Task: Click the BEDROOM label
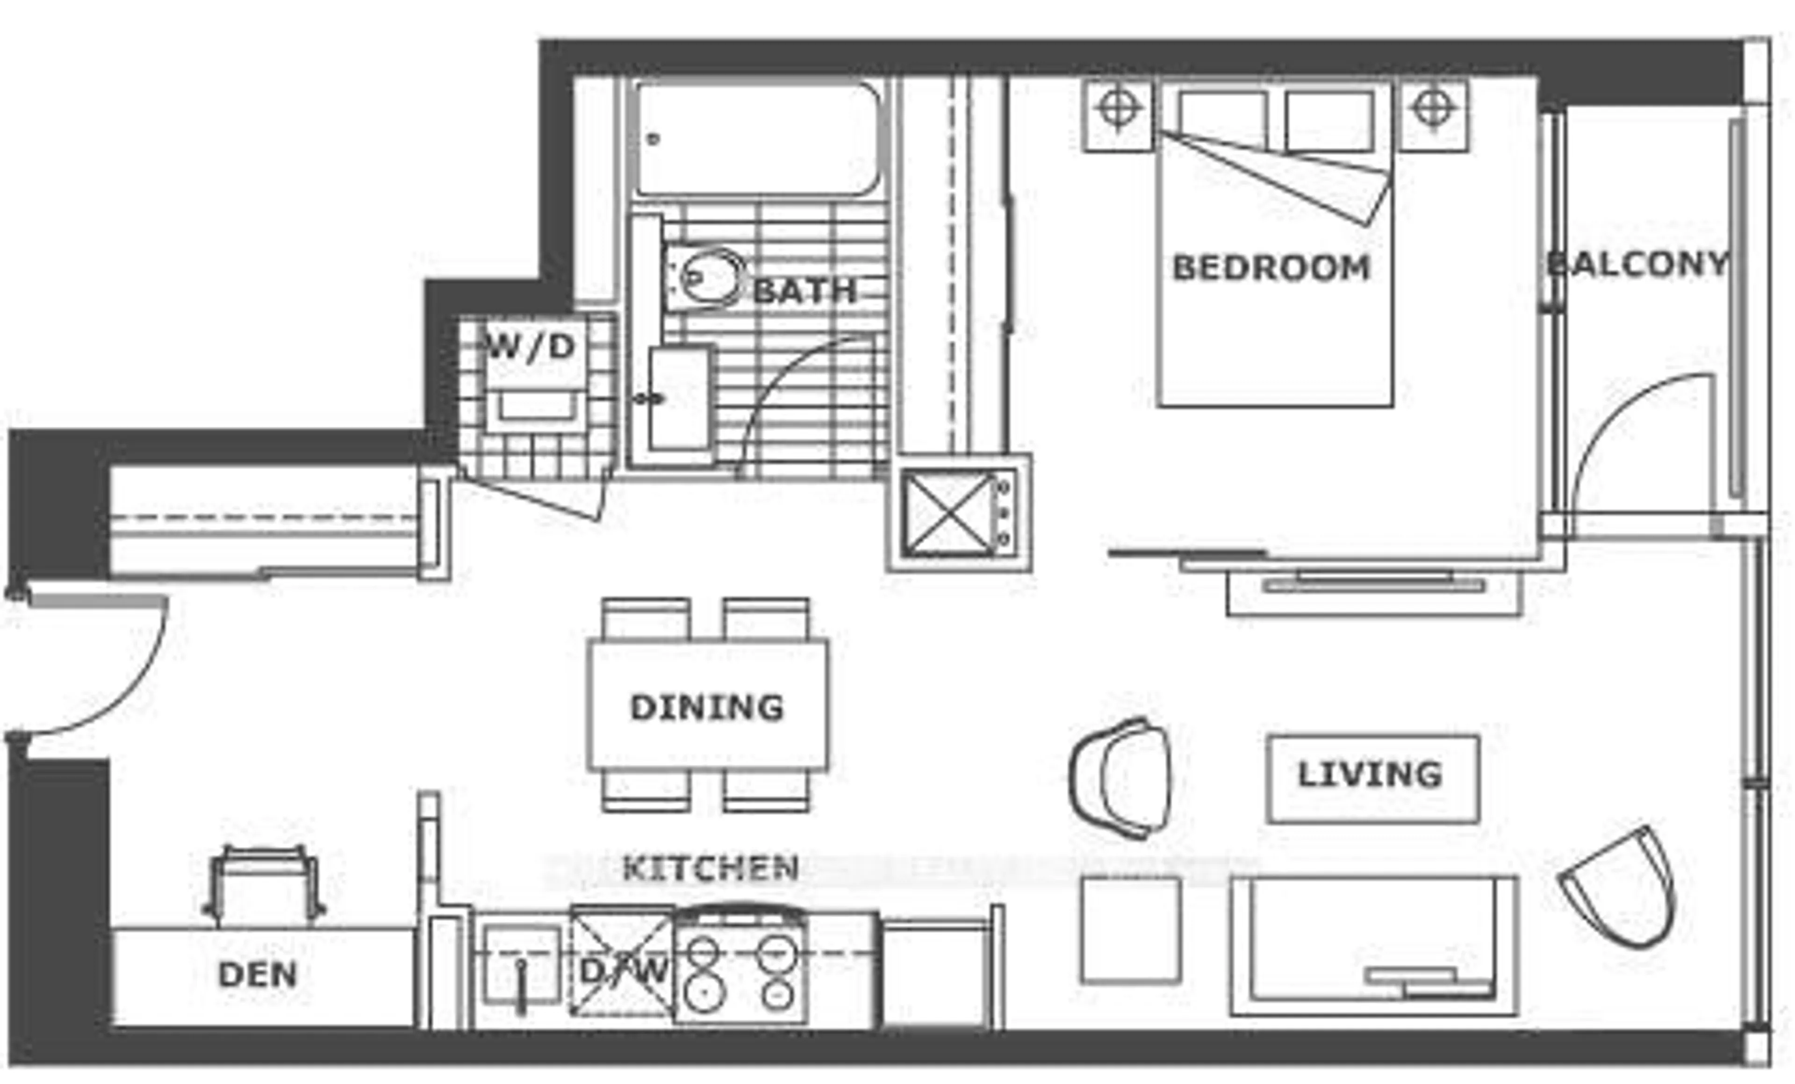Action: (x=1271, y=268)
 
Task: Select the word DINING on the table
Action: (x=707, y=707)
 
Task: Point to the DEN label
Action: (x=258, y=975)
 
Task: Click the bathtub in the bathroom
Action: (x=758, y=138)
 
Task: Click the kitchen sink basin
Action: (x=521, y=965)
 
